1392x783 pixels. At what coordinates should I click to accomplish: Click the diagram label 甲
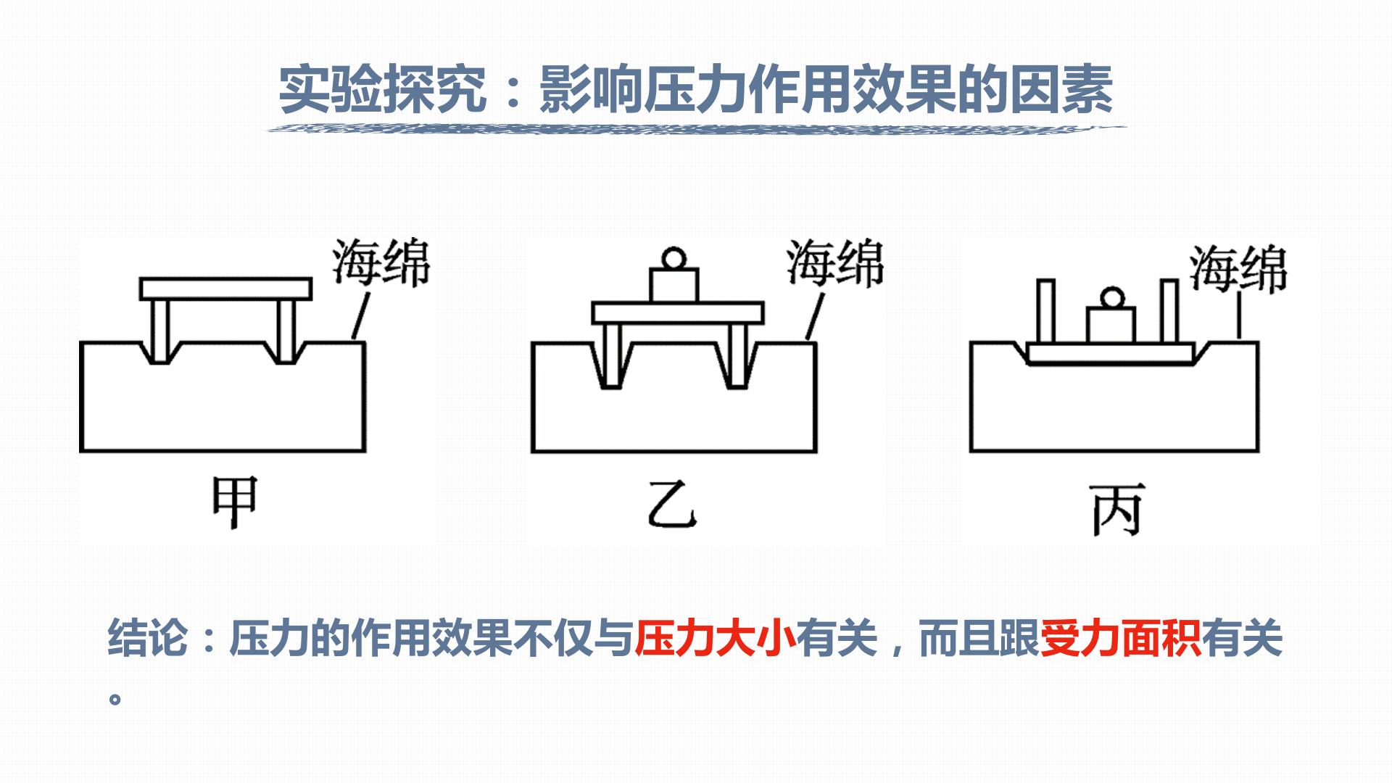(234, 502)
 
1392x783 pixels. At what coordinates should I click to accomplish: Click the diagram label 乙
(672, 505)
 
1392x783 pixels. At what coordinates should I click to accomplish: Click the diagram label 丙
(1117, 510)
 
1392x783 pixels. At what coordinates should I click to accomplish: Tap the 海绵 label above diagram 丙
(1238, 268)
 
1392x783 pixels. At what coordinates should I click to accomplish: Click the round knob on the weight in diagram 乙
(674, 258)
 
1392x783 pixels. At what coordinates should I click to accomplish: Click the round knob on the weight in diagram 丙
(1111, 297)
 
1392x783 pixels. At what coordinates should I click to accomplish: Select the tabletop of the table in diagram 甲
(225, 289)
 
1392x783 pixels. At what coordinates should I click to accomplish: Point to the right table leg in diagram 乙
(737, 355)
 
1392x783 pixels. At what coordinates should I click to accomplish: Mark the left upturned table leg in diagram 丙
(1045, 311)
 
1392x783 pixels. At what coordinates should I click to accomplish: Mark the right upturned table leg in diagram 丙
(1169, 311)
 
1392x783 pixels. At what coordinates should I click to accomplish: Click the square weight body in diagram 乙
(674, 286)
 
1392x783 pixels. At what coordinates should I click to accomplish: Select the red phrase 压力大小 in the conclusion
(715, 639)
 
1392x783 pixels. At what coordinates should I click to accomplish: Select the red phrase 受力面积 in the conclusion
(1120, 639)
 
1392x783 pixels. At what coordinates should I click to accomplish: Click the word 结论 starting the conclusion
(148, 639)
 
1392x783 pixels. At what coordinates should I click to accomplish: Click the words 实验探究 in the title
(383, 89)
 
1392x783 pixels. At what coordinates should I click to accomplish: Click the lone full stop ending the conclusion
(115, 700)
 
